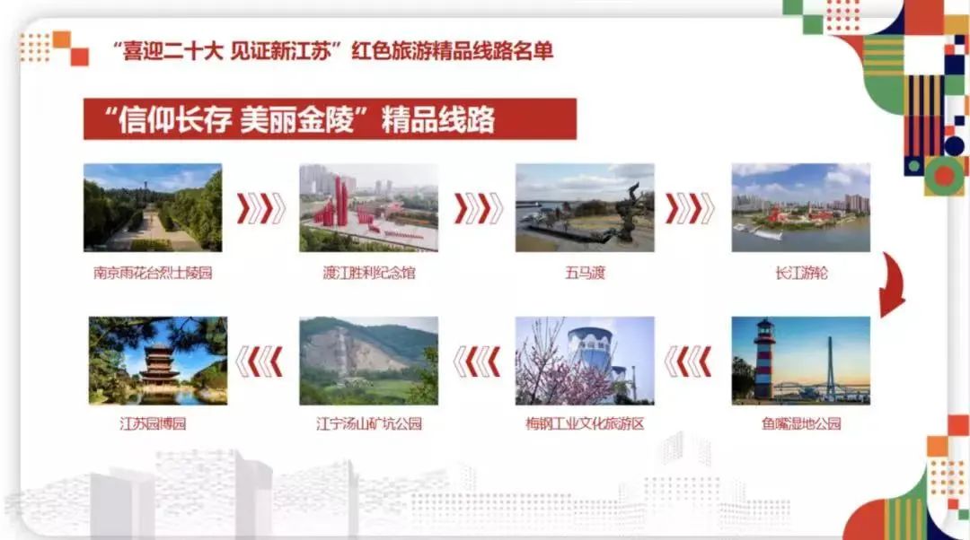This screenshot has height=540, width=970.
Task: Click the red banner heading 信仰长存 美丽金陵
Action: coord(330,118)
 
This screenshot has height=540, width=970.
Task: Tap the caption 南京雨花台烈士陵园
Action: coord(153,273)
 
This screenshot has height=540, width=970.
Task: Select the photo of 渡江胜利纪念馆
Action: coord(369,207)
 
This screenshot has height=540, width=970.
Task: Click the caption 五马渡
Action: coord(585,273)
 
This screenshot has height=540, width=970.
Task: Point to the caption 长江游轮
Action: coord(801,273)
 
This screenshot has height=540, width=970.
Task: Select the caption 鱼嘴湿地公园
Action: coord(801,423)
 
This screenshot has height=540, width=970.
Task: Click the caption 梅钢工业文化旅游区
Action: coord(585,423)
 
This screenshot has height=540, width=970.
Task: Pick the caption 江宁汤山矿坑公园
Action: coord(369,423)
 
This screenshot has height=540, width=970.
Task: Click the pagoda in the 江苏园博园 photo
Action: coord(159,363)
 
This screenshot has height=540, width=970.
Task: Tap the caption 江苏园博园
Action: coord(153,423)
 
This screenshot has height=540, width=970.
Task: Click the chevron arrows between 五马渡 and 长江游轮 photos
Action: coord(690,208)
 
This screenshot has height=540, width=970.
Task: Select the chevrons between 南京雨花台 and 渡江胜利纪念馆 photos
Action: coord(261,208)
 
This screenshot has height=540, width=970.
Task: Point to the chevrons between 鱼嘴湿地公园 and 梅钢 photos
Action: coord(688,361)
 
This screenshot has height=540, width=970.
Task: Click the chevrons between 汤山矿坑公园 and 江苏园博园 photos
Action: coord(260,361)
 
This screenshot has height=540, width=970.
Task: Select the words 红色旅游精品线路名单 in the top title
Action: coord(452,50)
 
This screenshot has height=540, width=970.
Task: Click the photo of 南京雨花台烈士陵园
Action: coord(153,207)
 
